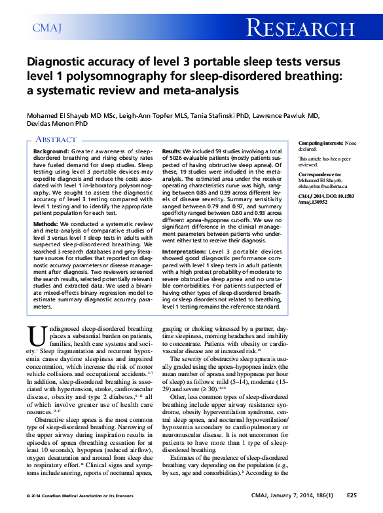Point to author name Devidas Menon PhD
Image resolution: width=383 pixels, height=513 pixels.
tap(49, 123)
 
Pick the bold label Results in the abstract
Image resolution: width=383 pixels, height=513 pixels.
tap(173, 151)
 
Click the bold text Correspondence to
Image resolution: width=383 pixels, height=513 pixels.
tap(319, 175)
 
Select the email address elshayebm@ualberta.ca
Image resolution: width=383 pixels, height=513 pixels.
tap(328, 187)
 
